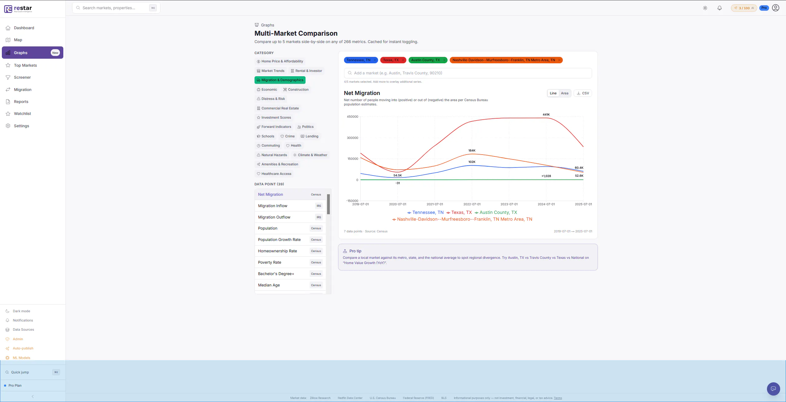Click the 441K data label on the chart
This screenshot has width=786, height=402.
tap(546, 115)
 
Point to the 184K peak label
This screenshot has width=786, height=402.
tap(472, 151)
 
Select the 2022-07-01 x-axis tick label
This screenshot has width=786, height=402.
tap(472, 204)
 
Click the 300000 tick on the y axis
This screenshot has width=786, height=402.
tap(352, 138)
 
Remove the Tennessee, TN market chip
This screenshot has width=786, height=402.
tap(374, 60)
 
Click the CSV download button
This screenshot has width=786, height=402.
tap(583, 93)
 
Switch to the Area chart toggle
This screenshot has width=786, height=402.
tap(564, 93)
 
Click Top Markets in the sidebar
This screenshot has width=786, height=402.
tap(25, 65)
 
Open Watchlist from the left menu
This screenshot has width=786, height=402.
tap(22, 113)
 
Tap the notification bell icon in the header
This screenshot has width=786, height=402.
tap(719, 8)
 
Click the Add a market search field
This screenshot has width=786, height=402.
tap(468, 73)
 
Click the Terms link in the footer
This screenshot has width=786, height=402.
tap(558, 398)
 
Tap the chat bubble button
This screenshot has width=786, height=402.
tap(773, 388)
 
